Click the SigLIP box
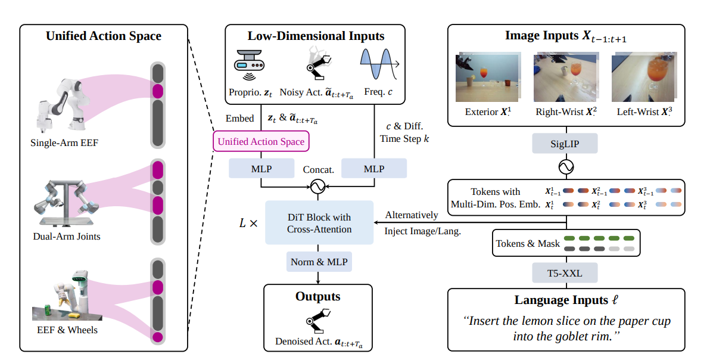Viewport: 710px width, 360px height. [565, 144]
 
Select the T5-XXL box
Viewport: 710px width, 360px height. [565, 273]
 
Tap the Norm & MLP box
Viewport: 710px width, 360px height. [319, 262]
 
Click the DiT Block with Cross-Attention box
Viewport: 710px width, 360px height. [319, 223]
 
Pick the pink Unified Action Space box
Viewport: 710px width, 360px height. [261, 141]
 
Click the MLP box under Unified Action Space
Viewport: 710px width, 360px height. [261, 169]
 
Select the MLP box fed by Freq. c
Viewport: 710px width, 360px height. [374, 169]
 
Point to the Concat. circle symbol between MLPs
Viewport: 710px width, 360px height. [318, 186]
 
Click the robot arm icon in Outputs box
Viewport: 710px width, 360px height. [318, 321]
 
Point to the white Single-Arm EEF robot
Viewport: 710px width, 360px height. [61, 105]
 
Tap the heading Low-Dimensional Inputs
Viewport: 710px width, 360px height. [316, 36]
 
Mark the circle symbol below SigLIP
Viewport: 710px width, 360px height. [565, 167]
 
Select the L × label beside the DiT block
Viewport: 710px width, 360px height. [248, 223]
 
